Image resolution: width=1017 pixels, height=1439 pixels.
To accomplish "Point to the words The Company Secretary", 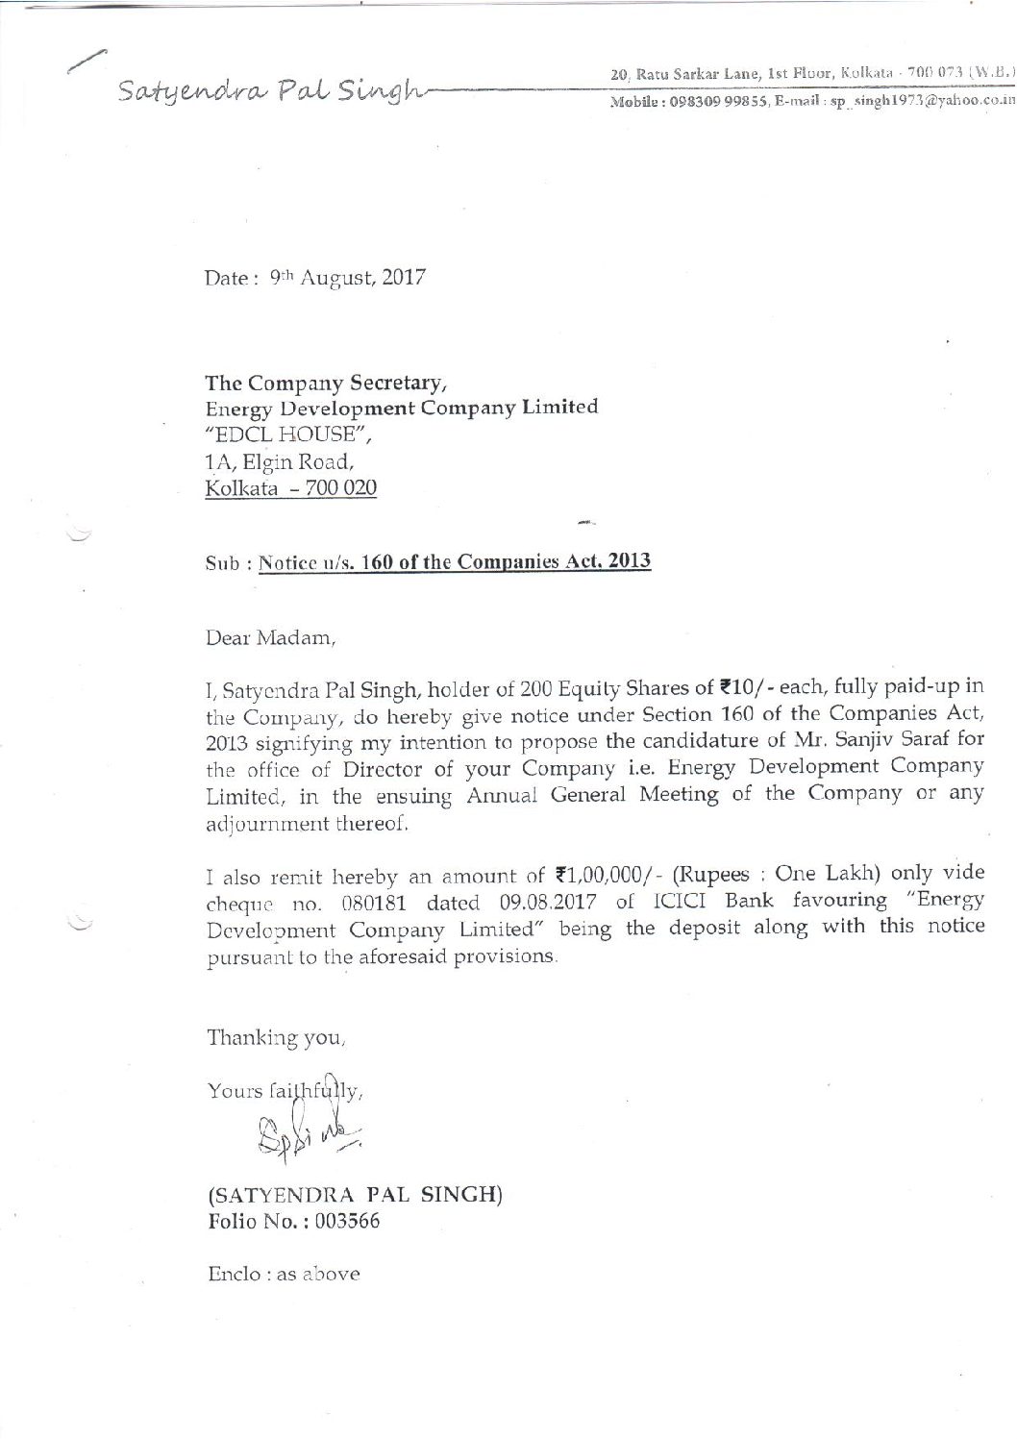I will [326, 385].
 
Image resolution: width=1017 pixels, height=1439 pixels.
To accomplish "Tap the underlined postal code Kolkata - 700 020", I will [291, 488].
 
